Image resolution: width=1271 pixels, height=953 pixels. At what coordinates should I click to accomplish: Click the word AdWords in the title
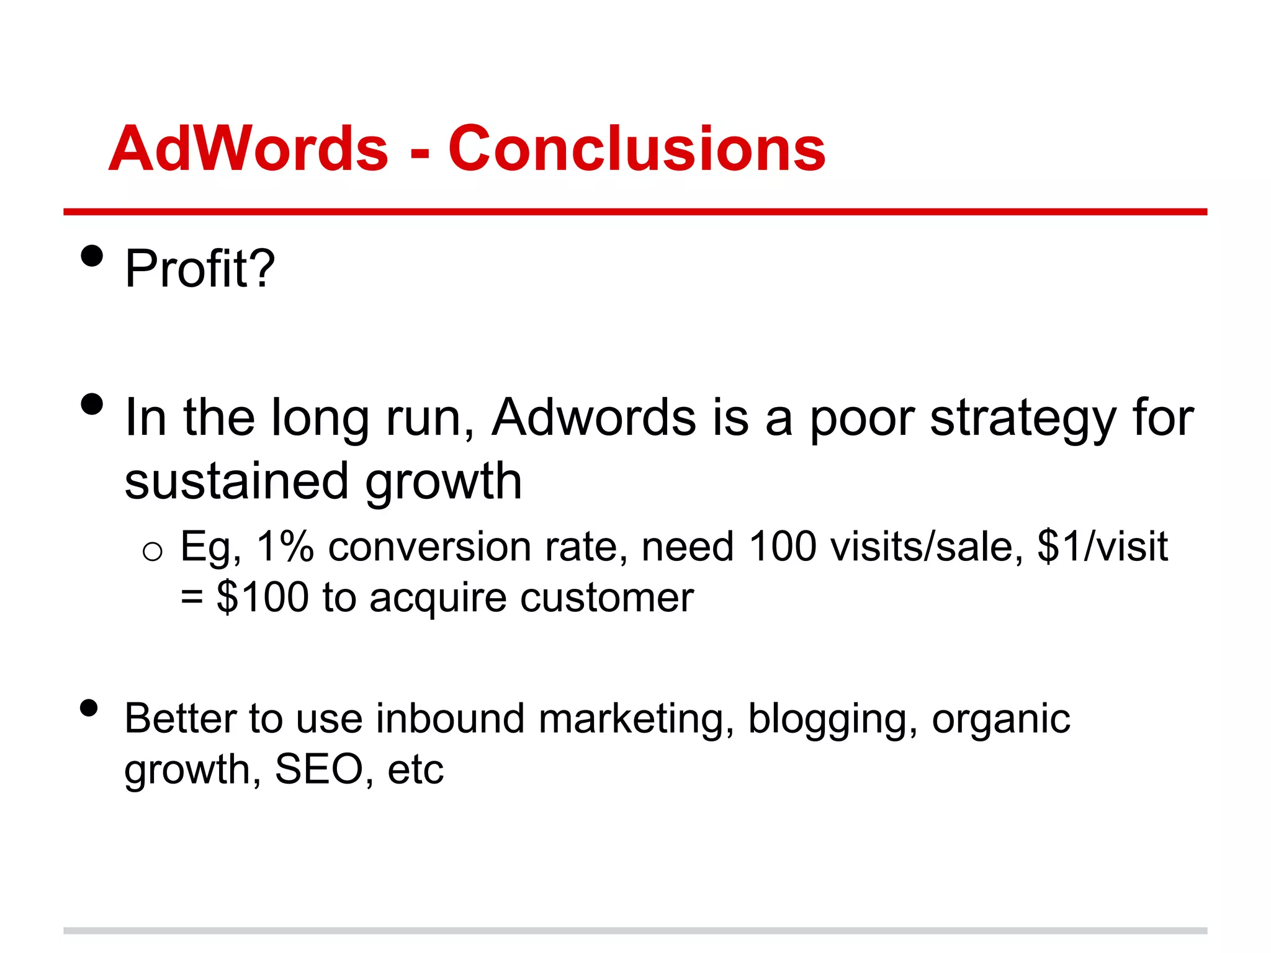click(x=248, y=149)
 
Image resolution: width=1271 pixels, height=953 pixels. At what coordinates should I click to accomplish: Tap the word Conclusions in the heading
click(x=637, y=149)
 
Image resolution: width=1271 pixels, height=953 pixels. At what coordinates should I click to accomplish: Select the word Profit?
click(x=200, y=269)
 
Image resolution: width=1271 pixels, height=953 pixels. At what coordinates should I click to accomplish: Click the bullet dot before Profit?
click(x=92, y=256)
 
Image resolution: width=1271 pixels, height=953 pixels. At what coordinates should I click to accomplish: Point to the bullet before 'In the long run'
click(x=92, y=405)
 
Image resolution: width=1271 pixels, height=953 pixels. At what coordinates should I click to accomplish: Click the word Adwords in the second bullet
click(x=594, y=417)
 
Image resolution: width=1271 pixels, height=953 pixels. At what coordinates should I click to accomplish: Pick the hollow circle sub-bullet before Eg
click(x=152, y=551)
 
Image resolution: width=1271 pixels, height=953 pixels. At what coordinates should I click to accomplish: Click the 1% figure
click(x=285, y=547)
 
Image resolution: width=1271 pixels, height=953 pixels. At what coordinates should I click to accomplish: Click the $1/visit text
click(x=1102, y=547)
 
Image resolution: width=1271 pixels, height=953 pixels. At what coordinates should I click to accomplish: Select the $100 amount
click(x=263, y=597)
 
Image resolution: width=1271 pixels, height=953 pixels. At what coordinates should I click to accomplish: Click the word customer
click(x=606, y=599)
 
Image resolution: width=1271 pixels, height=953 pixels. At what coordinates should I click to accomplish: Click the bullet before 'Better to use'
click(x=89, y=708)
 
